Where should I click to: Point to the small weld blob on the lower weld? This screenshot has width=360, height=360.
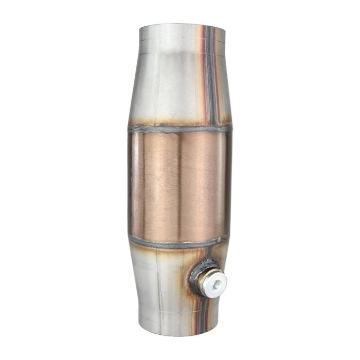click(221, 239)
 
